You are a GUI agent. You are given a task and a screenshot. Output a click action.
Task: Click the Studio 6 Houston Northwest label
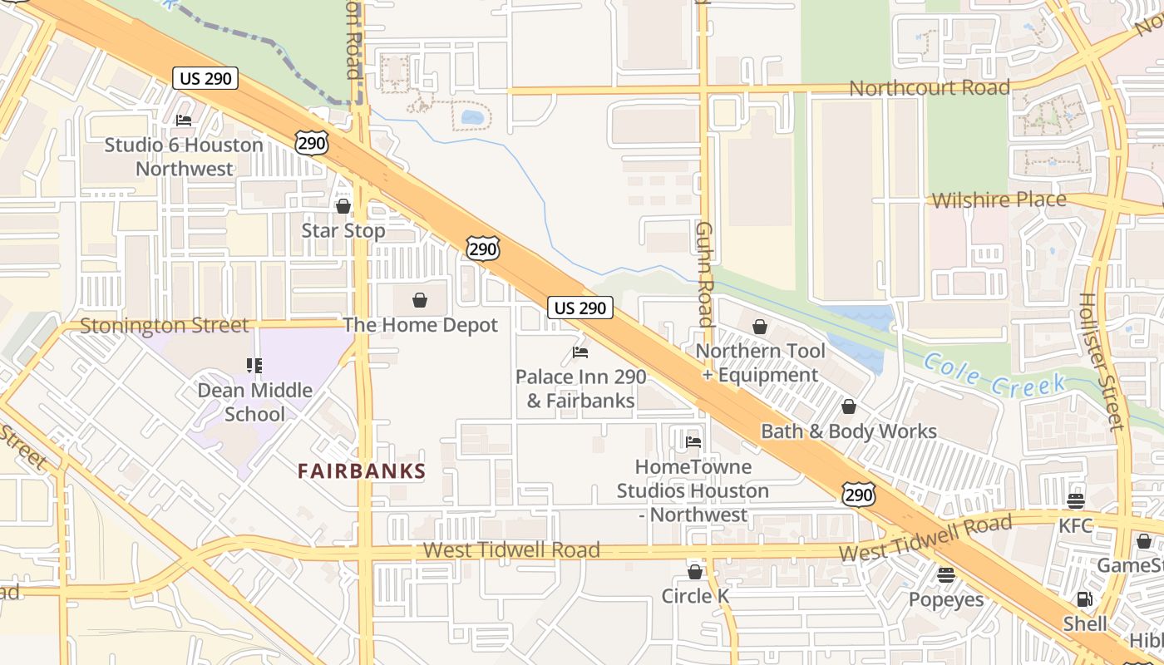[x=184, y=156]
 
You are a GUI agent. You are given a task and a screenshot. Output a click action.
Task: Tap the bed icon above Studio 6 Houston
[x=184, y=121]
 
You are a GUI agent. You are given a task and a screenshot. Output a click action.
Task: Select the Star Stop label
[x=343, y=230]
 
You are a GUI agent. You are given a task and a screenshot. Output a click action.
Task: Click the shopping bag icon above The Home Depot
[x=420, y=300]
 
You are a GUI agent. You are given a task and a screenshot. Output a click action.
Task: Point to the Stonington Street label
[x=165, y=325]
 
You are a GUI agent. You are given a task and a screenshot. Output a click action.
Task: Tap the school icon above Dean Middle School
[x=254, y=366]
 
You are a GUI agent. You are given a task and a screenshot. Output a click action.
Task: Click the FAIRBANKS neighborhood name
[x=362, y=471]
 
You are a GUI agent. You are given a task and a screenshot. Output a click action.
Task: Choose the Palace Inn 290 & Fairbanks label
[x=580, y=388]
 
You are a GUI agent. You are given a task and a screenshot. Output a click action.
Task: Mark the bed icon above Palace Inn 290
[x=580, y=352]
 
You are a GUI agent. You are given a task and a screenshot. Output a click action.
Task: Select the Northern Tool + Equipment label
[x=760, y=362]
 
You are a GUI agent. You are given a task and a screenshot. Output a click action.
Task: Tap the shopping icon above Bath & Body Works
[x=849, y=406]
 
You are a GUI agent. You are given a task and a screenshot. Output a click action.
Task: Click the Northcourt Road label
[x=930, y=87]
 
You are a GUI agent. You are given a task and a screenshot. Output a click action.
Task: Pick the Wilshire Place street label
[x=999, y=199]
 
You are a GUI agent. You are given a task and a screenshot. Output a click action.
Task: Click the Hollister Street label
[x=1102, y=362]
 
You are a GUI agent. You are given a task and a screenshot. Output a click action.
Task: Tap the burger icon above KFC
[x=1076, y=501]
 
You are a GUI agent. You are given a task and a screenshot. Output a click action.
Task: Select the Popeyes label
[x=945, y=599]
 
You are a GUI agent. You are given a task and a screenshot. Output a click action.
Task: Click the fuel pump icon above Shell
[x=1085, y=598]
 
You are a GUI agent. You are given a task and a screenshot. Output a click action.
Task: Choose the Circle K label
[x=694, y=596]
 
